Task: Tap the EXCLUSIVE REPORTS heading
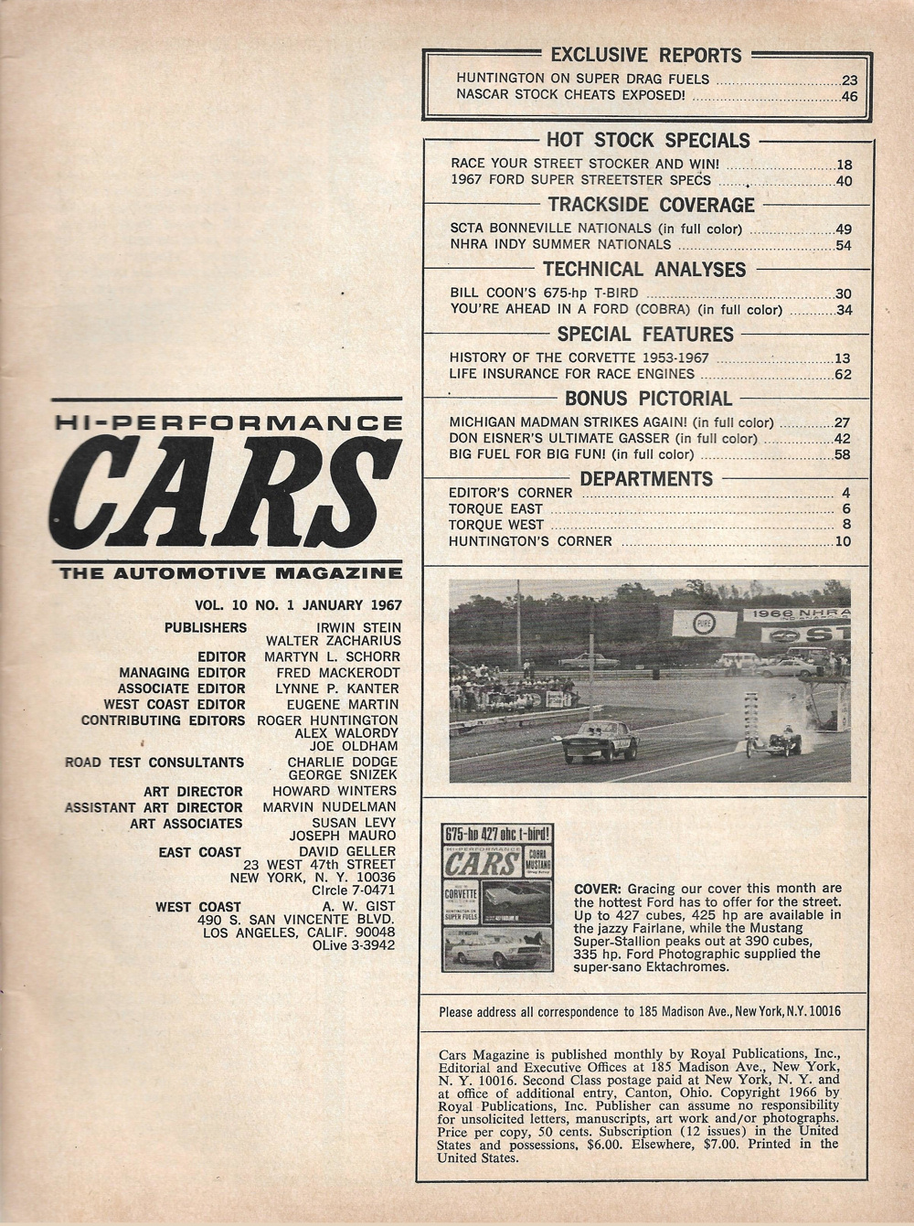(646, 55)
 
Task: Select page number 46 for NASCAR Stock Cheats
(849, 95)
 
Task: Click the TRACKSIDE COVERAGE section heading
(651, 205)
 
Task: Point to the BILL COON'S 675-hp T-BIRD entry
(544, 293)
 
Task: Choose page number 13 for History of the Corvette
(842, 358)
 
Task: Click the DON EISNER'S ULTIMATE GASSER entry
(603, 439)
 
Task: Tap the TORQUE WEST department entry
(495, 525)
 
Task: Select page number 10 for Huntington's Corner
(842, 541)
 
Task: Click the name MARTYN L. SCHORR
(332, 656)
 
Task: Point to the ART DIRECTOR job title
(193, 792)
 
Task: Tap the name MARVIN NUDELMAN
(329, 807)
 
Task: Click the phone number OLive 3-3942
(353, 944)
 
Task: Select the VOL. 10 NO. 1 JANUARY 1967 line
(298, 604)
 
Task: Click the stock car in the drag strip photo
(599, 741)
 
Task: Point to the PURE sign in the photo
(704, 624)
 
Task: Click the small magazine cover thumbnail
(497, 897)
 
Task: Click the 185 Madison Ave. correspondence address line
(640, 1011)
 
